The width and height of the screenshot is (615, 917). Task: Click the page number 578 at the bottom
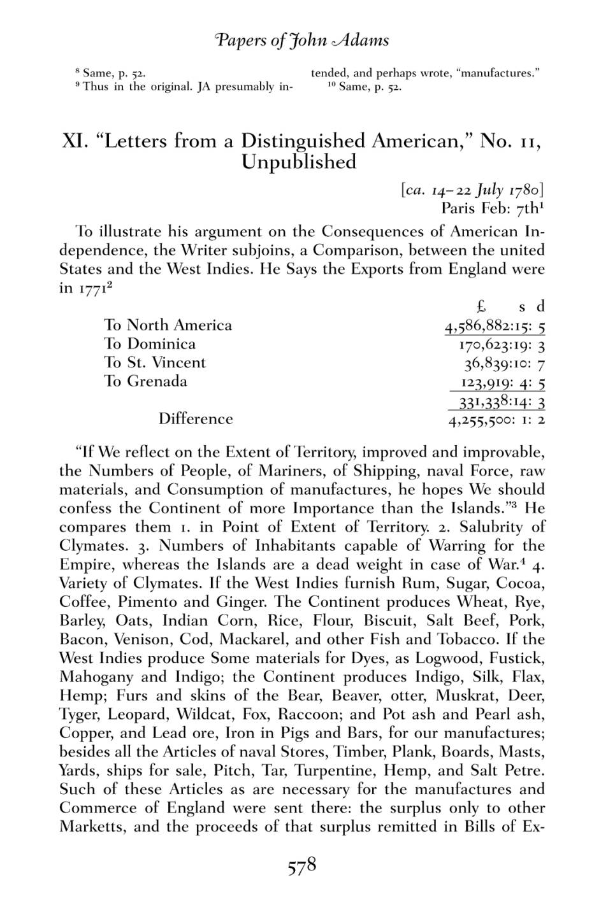point(302,867)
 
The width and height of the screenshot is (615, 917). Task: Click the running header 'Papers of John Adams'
point(302,41)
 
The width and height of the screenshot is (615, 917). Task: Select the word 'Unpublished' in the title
point(298,162)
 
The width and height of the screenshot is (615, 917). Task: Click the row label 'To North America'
point(168,325)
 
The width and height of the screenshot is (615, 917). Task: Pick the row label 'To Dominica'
point(150,344)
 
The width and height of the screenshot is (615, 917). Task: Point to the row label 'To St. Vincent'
point(155,362)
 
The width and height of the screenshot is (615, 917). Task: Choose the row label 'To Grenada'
point(146,381)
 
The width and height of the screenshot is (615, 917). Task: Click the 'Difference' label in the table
point(196,419)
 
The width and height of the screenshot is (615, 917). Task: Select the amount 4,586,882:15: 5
point(495,326)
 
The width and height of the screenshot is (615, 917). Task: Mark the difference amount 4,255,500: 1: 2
point(496,420)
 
